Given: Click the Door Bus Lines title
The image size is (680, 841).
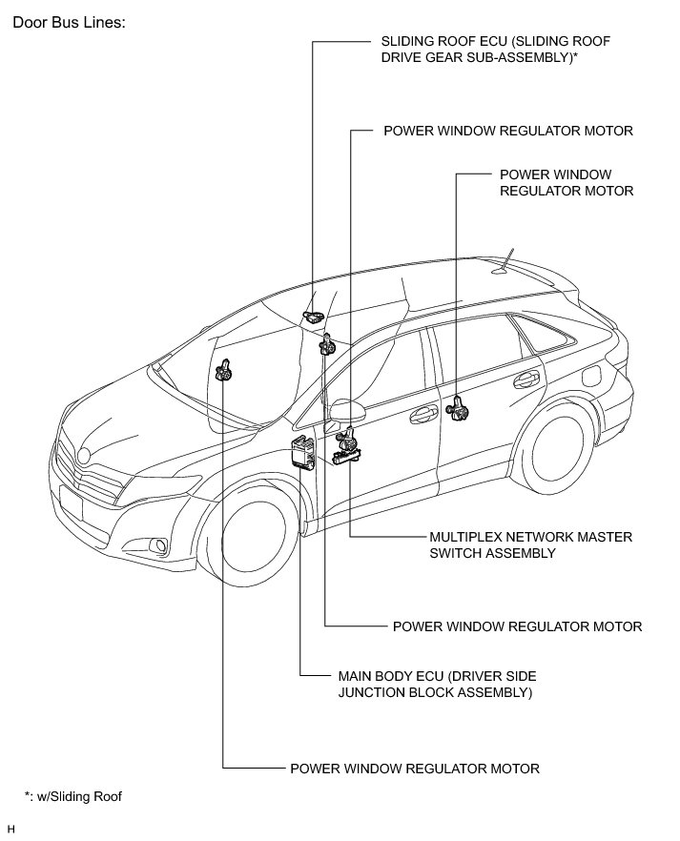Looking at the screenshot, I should [x=68, y=22].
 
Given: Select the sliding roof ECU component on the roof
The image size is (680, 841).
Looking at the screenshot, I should [x=313, y=317].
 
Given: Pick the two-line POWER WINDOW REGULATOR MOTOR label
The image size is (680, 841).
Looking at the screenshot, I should [x=567, y=183].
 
